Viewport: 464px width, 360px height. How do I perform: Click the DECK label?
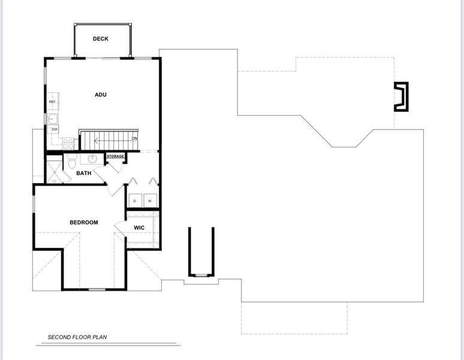pos(100,39)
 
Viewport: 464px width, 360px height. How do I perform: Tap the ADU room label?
pos(100,94)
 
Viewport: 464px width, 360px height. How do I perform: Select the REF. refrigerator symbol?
pos(53,102)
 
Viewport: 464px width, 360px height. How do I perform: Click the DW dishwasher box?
pos(55,129)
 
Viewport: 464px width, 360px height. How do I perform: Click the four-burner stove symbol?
pos(68,143)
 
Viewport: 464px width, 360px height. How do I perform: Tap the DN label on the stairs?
pos(135,139)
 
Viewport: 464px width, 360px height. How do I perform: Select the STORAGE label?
pos(116,157)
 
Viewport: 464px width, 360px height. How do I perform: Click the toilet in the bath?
pos(71,161)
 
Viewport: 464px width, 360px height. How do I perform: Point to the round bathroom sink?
pos(93,159)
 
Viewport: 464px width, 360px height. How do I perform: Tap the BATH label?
pos(84,173)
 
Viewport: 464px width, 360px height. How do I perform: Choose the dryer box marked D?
pos(134,200)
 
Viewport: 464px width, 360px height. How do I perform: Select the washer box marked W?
pos(150,200)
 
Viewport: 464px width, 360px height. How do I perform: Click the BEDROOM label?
pos(83,223)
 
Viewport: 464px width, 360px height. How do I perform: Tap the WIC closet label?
pos(139,228)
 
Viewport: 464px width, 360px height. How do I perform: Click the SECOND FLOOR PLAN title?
pos(82,337)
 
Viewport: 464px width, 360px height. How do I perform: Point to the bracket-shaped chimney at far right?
pos(400,97)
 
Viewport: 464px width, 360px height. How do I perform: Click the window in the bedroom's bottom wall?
pos(97,290)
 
